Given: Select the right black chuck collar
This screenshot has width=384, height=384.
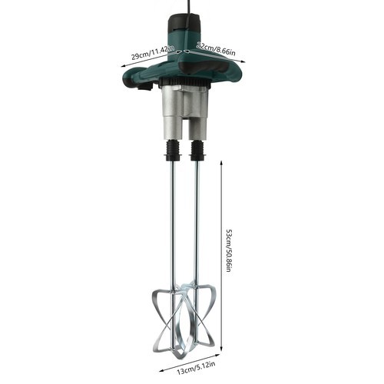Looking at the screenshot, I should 197,149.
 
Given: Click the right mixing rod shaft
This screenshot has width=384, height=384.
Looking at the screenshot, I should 194,223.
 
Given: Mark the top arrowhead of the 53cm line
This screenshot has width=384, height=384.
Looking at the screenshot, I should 221,164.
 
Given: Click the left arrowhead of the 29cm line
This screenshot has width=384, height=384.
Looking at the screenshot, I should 123,65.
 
